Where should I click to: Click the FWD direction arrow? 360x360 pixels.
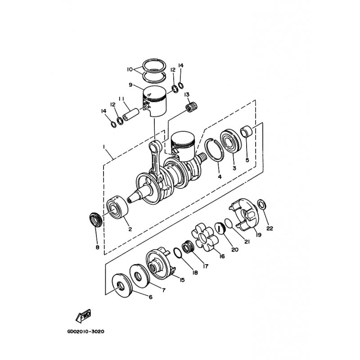[x=83, y=316]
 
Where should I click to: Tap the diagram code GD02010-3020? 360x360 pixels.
[x=85, y=332]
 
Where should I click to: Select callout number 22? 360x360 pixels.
[x=270, y=228]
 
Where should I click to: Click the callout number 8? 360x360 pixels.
[x=97, y=247]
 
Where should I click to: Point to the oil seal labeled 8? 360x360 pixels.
[x=95, y=220]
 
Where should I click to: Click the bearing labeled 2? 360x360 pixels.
[x=117, y=207]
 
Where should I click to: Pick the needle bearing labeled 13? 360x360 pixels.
[x=192, y=107]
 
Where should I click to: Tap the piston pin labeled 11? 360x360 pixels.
[x=131, y=115]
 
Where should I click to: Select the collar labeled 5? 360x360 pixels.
[x=246, y=131]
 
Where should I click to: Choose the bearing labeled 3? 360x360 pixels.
[x=231, y=142]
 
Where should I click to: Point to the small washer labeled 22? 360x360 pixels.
[x=262, y=204]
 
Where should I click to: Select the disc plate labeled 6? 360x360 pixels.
[x=122, y=285]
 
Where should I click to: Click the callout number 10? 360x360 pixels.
[x=130, y=69]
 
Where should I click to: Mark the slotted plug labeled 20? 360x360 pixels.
[x=219, y=228]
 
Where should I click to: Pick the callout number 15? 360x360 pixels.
[x=182, y=280]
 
